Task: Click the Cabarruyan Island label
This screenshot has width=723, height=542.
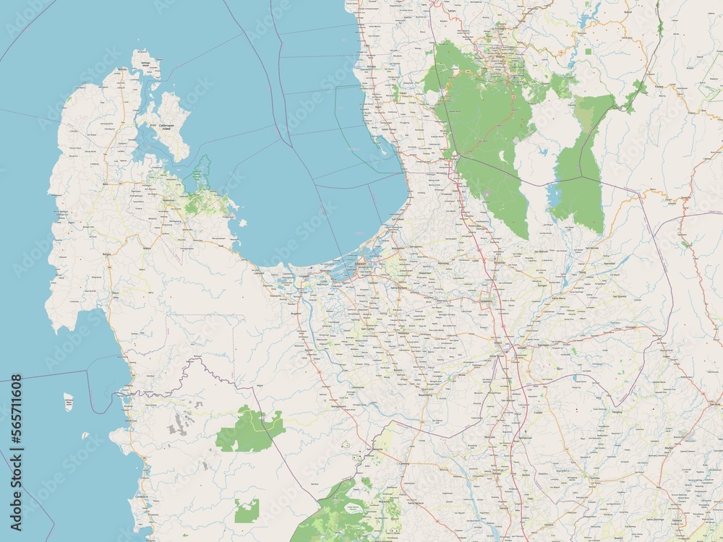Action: coord(168,127)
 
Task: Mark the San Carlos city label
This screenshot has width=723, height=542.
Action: coord(368,330)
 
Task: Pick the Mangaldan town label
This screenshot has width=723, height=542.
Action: coord(397,249)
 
